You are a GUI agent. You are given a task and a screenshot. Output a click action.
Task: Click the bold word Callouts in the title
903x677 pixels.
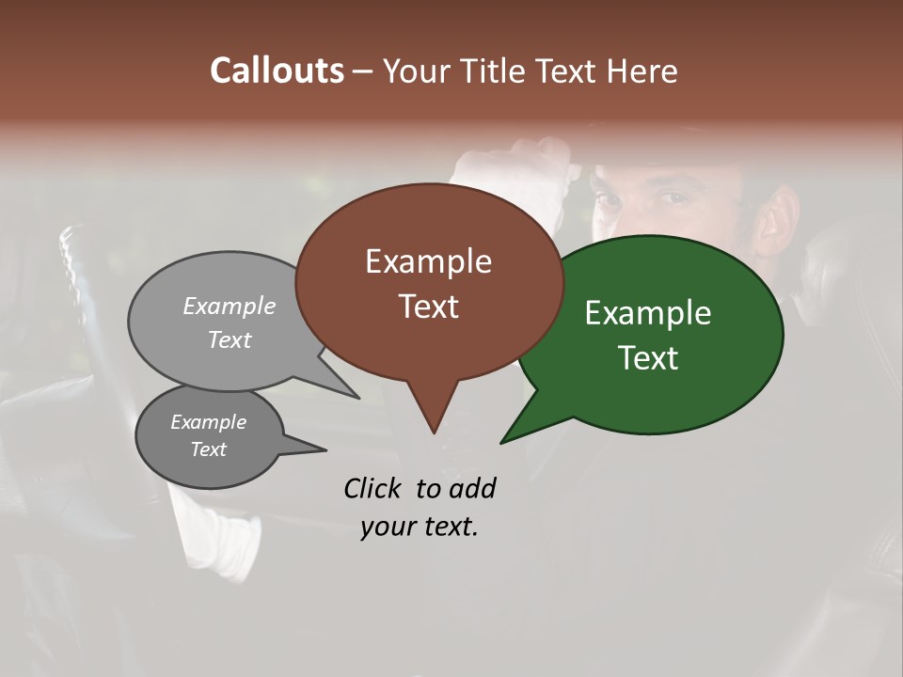(x=277, y=71)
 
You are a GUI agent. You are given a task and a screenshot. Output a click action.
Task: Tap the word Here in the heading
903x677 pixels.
(x=642, y=71)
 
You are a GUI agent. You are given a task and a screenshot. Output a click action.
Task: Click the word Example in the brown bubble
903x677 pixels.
(x=428, y=261)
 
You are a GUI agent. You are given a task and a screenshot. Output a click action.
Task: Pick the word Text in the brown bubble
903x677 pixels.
(x=428, y=307)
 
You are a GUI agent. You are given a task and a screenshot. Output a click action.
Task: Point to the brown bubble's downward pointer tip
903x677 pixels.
(x=434, y=433)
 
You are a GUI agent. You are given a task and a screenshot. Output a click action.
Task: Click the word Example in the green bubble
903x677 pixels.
(x=648, y=313)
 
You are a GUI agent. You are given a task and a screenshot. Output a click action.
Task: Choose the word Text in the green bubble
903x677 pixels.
(x=648, y=358)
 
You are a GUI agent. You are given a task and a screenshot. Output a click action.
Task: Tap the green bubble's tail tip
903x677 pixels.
(x=501, y=442)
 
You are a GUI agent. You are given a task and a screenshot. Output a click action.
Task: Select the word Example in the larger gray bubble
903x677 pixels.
(x=230, y=306)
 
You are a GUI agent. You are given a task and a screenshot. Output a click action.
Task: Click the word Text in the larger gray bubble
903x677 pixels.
(x=230, y=339)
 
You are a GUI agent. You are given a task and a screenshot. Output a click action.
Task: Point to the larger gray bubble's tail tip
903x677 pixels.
(x=359, y=398)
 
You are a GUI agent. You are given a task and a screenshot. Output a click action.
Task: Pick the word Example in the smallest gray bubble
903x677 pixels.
(x=208, y=422)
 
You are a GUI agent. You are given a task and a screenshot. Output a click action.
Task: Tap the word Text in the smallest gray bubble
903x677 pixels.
(x=208, y=449)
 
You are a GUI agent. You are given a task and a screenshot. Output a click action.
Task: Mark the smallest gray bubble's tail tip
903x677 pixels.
(x=325, y=449)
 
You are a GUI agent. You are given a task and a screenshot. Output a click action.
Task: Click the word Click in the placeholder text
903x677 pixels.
(x=373, y=488)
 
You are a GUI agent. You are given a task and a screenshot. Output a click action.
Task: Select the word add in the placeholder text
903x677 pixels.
(x=472, y=488)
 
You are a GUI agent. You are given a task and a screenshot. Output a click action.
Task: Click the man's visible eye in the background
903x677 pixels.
(x=674, y=198)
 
